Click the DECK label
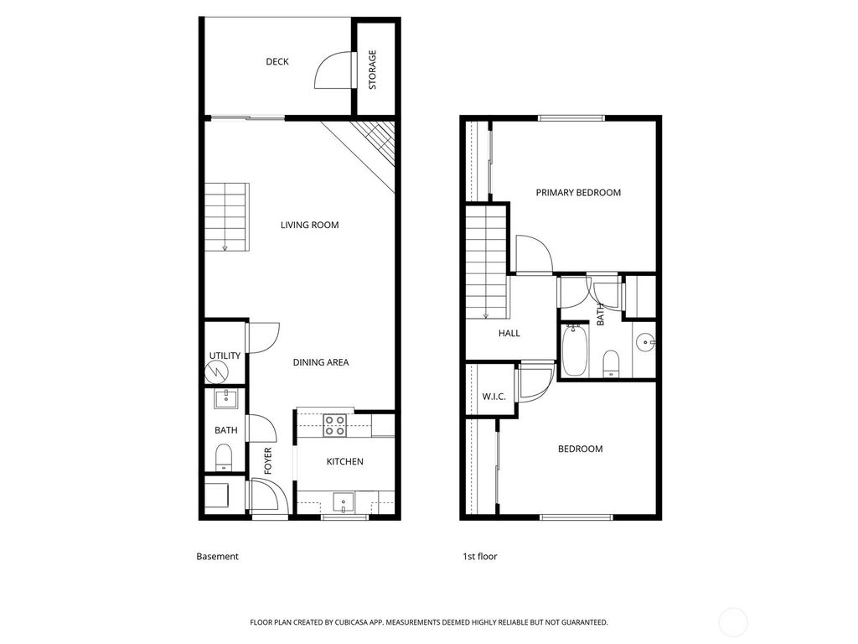tap(277, 61)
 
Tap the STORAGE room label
tap(373, 70)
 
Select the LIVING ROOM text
tap(309, 225)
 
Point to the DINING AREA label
tap(320, 362)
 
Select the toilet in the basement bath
tap(224, 456)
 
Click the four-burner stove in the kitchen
tap(336, 426)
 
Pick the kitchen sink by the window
tap(344, 502)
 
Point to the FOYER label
tap(268, 461)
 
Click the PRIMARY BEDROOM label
tap(578, 193)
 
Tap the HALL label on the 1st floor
tap(509, 333)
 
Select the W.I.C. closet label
tap(494, 397)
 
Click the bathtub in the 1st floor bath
tap(575, 351)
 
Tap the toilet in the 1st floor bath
tap(611, 363)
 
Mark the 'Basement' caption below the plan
tap(217, 556)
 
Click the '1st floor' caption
tap(480, 556)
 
